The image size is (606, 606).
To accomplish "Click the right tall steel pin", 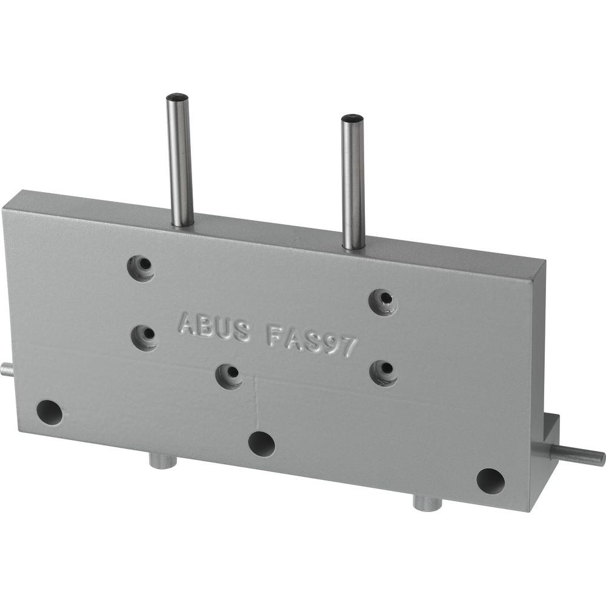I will [353, 182].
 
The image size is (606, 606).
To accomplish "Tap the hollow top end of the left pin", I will [178, 97].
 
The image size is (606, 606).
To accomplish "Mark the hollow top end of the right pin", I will [352, 118].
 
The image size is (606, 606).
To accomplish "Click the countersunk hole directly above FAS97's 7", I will [384, 301].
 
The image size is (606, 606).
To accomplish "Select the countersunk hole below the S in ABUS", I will [230, 376].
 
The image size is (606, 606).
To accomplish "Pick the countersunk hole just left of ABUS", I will [145, 336].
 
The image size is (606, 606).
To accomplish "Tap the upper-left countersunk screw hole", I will [141, 267].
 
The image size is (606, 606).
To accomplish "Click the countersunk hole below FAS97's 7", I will [383, 371].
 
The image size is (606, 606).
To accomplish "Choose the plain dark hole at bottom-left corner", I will [50, 412].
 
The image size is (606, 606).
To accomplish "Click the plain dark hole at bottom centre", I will [262, 444].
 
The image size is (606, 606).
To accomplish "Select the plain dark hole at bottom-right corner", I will [490, 481].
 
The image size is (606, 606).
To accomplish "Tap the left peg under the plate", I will [162, 461].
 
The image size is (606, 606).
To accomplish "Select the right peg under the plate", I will [427, 502].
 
